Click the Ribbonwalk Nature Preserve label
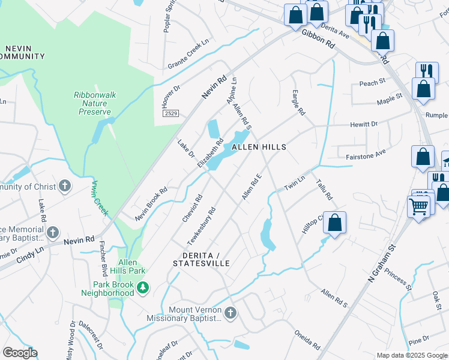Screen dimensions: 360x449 [92, 103]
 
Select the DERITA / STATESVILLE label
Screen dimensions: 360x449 [201, 259]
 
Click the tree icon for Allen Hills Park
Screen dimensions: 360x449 [143, 289]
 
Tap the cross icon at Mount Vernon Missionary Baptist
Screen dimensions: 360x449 [231, 313]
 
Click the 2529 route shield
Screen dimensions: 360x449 [170, 113]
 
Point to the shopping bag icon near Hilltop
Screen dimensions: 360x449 [335, 221]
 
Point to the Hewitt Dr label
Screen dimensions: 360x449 [364, 124]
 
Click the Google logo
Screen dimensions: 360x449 [20, 353]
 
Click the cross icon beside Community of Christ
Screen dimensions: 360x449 [65, 186]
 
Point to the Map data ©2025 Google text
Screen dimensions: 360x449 [412, 355]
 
